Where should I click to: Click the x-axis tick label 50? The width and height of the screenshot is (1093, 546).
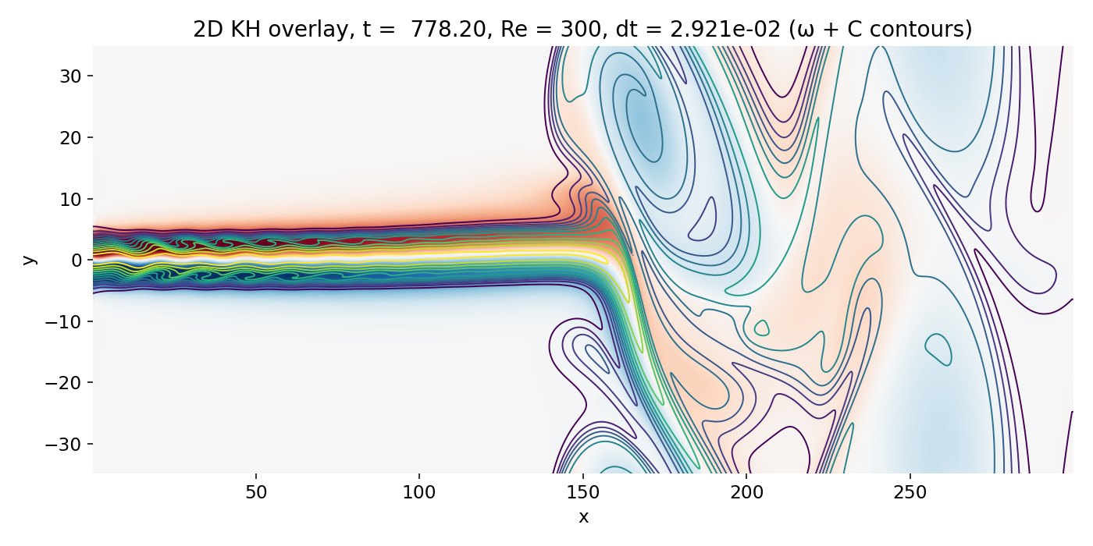(256, 493)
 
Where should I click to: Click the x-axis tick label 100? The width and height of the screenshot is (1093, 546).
(419, 493)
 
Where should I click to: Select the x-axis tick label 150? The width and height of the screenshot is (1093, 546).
(583, 493)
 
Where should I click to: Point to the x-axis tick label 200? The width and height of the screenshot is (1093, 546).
(746, 493)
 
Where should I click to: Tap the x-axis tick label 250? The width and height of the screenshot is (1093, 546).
(910, 493)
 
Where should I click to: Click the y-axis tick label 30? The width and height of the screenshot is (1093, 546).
(73, 76)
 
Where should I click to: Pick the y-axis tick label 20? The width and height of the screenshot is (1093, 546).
(73, 138)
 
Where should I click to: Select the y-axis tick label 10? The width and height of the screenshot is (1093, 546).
(73, 199)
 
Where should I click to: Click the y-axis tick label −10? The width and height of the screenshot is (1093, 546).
(67, 321)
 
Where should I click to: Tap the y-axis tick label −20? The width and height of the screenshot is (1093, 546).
(67, 383)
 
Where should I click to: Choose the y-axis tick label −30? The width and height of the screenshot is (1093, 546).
(67, 444)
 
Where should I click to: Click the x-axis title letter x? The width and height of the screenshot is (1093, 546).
(583, 516)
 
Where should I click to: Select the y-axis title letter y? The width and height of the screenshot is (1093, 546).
(29, 259)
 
